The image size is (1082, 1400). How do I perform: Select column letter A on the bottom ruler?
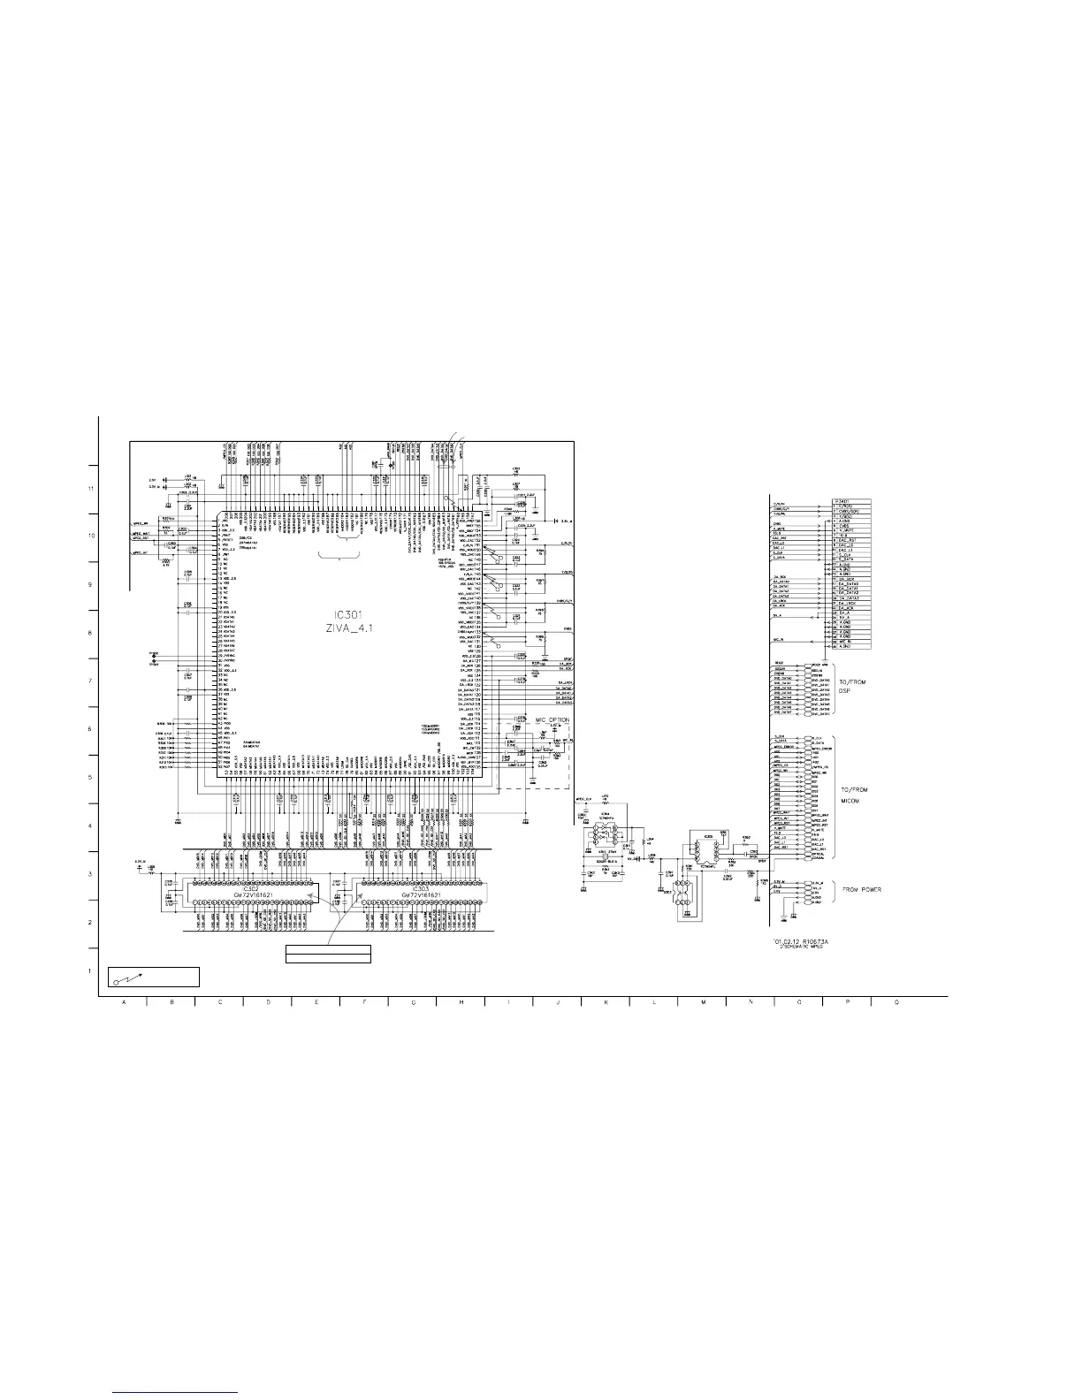(123, 1002)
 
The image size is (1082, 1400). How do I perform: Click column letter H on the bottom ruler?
(461, 1002)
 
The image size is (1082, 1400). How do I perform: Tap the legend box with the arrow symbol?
(154, 977)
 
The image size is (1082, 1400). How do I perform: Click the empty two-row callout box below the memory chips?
(327, 954)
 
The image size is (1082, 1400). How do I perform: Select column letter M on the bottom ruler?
(703, 1002)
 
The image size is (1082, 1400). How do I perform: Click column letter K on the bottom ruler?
(606, 1002)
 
